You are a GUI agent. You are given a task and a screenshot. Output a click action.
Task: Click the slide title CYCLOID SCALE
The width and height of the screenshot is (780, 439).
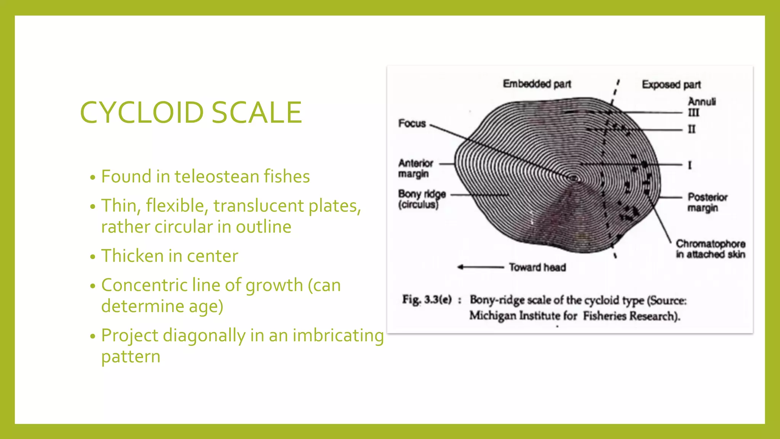pos(191,112)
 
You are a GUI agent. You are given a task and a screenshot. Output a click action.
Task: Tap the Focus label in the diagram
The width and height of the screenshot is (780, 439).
pos(412,123)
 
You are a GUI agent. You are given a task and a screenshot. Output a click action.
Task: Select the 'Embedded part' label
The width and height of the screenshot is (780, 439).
pos(537,84)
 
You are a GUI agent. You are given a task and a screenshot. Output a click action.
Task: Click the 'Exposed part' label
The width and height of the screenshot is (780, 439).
pos(671,85)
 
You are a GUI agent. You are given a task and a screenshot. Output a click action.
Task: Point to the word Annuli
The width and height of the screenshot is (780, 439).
pos(702,102)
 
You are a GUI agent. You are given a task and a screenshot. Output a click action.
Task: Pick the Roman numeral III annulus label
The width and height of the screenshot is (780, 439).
pos(693,113)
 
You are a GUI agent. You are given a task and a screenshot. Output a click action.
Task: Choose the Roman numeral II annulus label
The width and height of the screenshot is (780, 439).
pos(692,130)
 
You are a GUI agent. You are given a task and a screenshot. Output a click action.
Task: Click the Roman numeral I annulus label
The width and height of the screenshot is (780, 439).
pos(690,165)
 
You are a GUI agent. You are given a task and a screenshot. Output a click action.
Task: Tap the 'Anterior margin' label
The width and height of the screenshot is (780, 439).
pos(416,168)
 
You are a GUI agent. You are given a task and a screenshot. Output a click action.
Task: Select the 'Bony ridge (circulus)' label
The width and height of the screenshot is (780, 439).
pos(422,199)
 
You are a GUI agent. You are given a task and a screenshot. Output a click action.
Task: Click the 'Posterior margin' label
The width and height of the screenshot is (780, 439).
pos(707,202)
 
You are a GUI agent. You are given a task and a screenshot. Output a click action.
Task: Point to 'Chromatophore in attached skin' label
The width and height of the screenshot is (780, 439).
pos(710,249)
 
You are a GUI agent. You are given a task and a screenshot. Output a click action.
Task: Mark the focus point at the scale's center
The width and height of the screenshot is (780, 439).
pos(574,178)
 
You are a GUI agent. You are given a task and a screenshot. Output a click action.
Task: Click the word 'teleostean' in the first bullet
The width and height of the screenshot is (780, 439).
pos(217,176)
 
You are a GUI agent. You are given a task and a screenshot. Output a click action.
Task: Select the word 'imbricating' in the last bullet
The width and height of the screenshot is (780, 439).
pos(338,336)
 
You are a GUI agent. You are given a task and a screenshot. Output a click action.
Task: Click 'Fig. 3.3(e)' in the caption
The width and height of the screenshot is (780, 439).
pos(427,300)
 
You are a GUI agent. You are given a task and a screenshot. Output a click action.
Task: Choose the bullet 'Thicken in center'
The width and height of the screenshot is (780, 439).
pos(169,256)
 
